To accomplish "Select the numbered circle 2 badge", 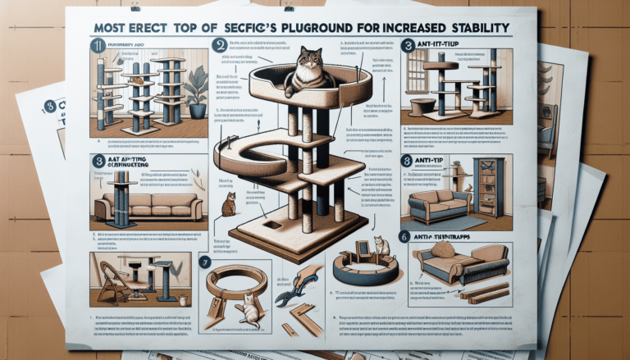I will pyautogui.click(x=219, y=48).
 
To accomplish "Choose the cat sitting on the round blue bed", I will pyautogui.click(x=381, y=246).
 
